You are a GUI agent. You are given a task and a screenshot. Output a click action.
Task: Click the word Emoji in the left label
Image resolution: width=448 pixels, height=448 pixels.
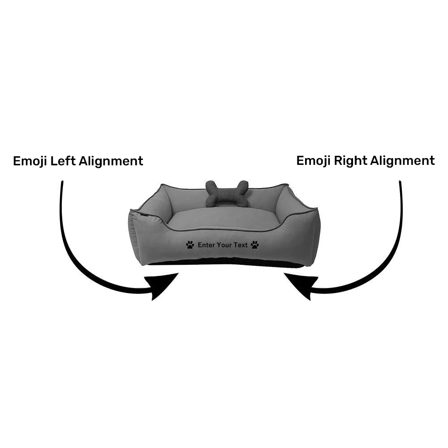point(30,161)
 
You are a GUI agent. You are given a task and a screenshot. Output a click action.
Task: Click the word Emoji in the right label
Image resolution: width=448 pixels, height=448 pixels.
point(314,161)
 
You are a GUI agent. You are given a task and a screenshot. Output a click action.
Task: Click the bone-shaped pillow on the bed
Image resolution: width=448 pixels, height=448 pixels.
point(227,194)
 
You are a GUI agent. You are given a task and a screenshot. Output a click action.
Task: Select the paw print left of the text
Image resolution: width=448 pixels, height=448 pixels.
point(190,245)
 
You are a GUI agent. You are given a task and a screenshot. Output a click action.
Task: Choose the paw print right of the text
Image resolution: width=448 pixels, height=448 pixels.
point(255,245)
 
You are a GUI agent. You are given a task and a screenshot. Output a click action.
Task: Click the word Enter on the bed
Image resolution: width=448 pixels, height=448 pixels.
point(206,245)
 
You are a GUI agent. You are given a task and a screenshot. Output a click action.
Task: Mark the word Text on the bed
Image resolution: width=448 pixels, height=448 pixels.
point(241,245)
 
